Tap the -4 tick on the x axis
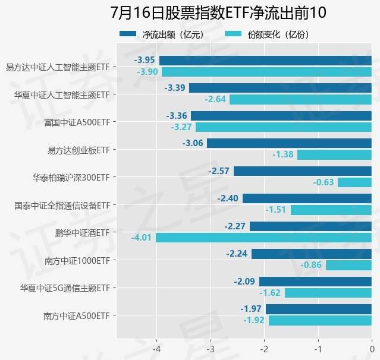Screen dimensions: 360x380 click(157, 349)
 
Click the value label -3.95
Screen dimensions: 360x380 click(145, 60)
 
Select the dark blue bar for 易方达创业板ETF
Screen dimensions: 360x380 click(289, 143)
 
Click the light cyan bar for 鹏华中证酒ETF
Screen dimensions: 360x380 click(263, 238)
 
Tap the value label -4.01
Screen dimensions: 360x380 click(142, 238)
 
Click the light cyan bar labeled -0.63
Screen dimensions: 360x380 click(354, 182)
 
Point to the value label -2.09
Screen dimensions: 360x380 click(244, 281)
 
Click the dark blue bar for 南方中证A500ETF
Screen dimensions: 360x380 click(318, 309)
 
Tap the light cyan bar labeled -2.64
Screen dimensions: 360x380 click(300, 99)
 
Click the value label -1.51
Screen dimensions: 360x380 click(276, 210)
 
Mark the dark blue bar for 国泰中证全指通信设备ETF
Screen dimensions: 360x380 click(307, 198)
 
